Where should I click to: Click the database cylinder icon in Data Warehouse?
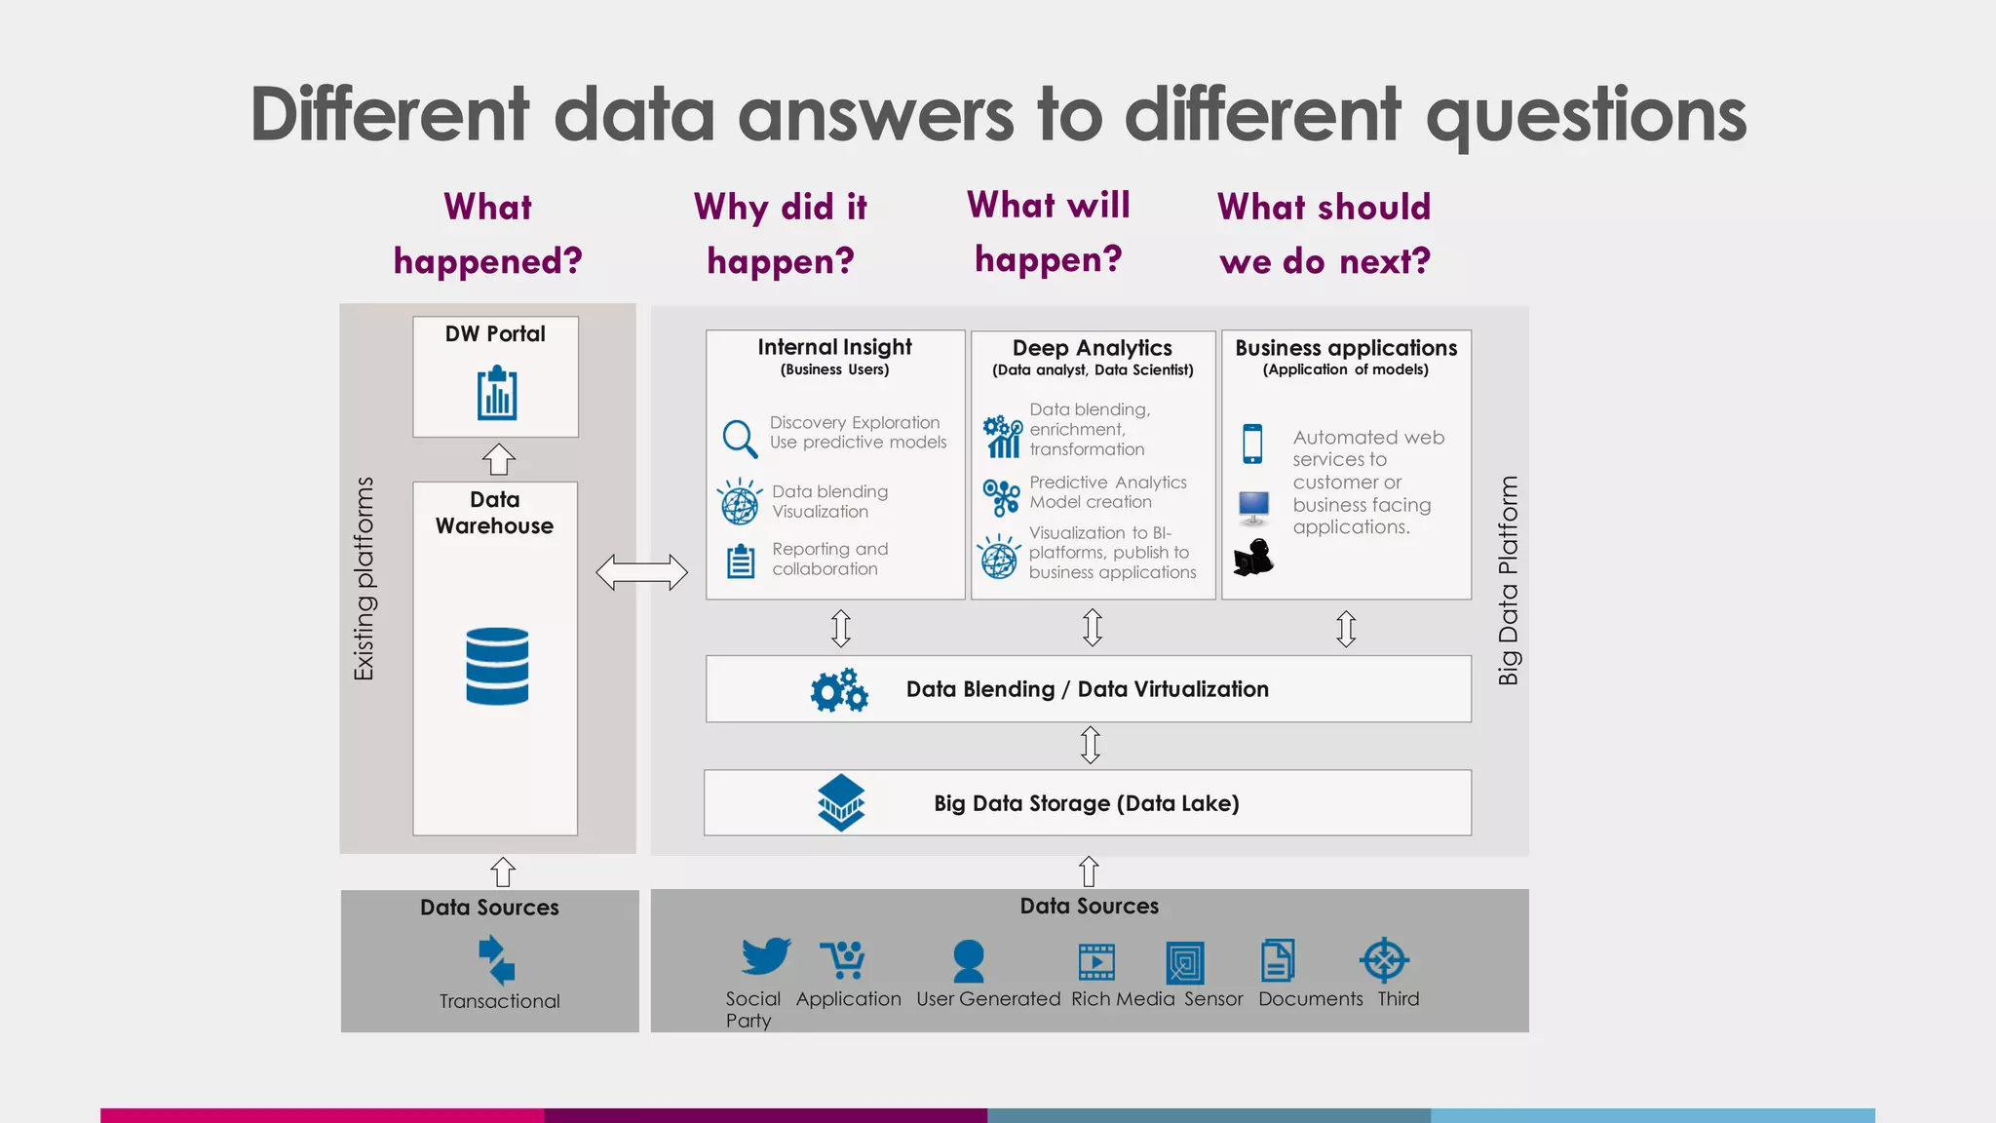pos(497,666)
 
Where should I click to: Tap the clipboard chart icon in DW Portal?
pos(497,394)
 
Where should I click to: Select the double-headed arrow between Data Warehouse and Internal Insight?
pos(641,572)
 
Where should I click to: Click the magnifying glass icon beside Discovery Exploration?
pos(740,439)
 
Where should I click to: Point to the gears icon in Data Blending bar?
pos(839,690)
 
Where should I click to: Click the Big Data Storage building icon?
pos(841,802)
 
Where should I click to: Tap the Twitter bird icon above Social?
pos(765,956)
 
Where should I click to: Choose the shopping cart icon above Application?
pos(842,959)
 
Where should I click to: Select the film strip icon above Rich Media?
pos(1096,961)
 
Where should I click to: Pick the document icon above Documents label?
pos(1278,960)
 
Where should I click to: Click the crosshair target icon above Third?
pos(1384,960)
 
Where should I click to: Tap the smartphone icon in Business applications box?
pos(1253,444)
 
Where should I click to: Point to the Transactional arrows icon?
pos(497,960)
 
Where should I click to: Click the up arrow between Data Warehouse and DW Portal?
pos(499,459)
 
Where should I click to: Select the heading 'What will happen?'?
pos(1049,232)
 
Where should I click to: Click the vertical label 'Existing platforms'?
pos(364,578)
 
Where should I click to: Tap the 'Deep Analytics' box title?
pos(1093,348)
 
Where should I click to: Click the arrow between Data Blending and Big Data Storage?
pos(1091,745)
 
